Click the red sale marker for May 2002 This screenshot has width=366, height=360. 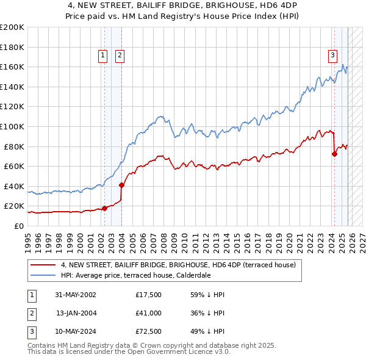coord(104,208)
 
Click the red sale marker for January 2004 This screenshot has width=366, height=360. coord(121,185)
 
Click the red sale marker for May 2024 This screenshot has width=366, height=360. coord(334,154)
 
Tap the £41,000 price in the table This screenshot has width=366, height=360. coord(149,313)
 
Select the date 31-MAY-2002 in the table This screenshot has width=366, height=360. coord(76,295)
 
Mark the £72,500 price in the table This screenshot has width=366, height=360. coord(149,331)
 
